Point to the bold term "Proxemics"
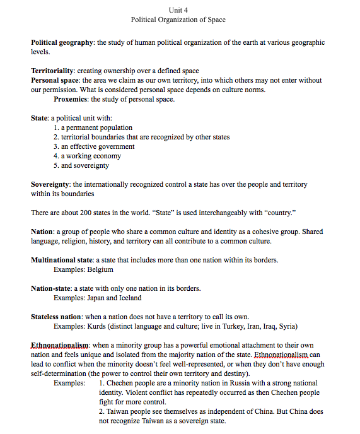click(71, 99)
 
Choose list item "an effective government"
click(98, 146)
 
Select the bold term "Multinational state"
click(62, 260)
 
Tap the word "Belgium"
click(100, 269)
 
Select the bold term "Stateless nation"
click(56, 317)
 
